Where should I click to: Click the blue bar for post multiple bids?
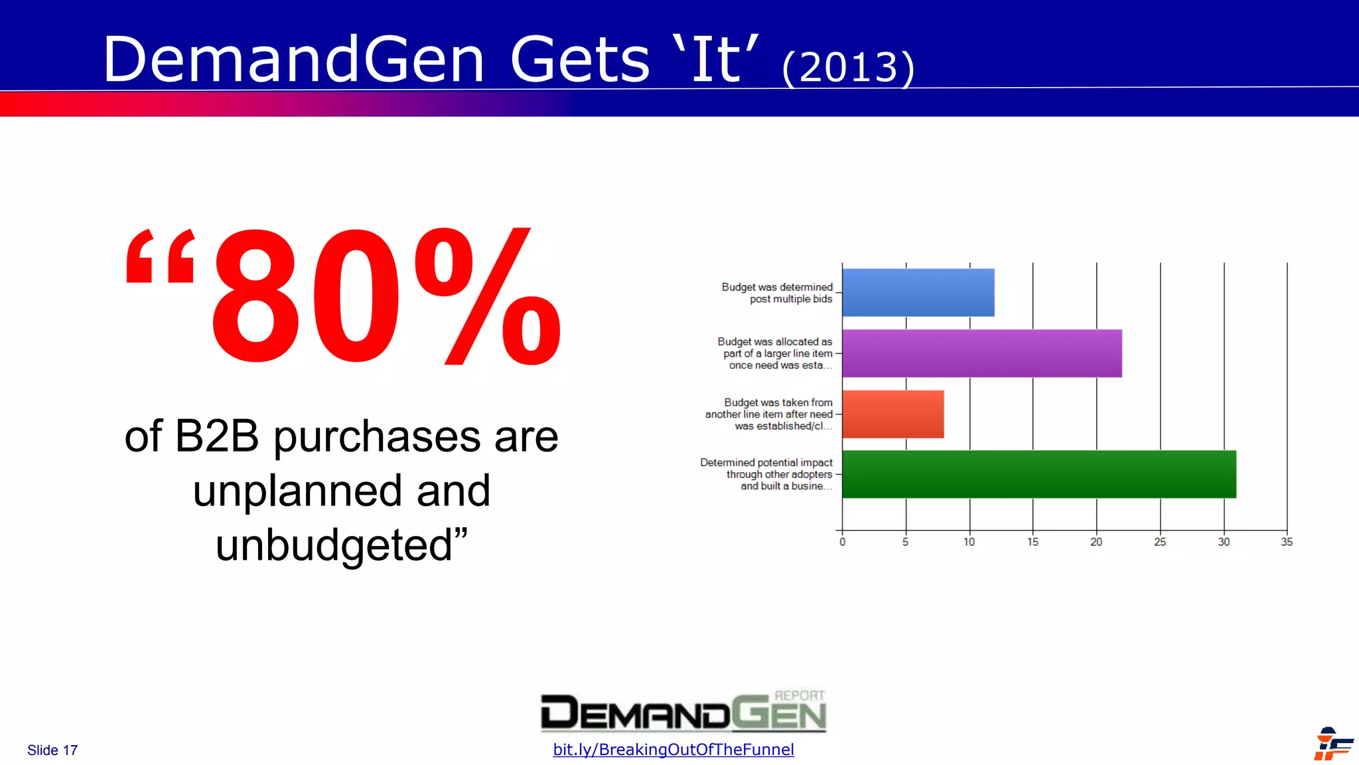pyautogui.click(x=918, y=292)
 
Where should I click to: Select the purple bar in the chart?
pyautogui.click(x=981, y=353)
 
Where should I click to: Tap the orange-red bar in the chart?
pyautogui.click(x=893, y=414)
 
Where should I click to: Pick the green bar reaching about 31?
pyautogui.click(x=1038, y=474)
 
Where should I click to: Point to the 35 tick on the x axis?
pyautogui.click(x=1287, y=542)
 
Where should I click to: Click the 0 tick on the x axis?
pyautogui.click(x=842, y=542)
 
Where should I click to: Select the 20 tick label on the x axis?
pyautogui.click(x=1096, y=542)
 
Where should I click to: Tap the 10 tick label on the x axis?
pyautogui.click(x=969, y=542)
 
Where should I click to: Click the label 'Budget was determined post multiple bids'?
pyautogui.click(x=777, y=293)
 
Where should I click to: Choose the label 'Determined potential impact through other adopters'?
pyautogui.click(x=766, y=474)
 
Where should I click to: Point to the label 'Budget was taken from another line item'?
pyautogui.click(x=769, y=414)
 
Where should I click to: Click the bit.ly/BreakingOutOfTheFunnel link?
pyautogui.click(x=673, y=750)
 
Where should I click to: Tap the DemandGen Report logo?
pyautogui.click(x=683, y=711)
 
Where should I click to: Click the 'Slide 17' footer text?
pyautogui.click(x=52, y=750)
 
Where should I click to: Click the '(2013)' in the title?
pyautogui.click(x=848, y=67)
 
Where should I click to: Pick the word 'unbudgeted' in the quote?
pyautogui.click(x=334, y=546)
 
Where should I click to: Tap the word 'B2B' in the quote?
pyautogui.click(x=216, y=437)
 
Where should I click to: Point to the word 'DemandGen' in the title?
pyautogui.click(x=294, y=60)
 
